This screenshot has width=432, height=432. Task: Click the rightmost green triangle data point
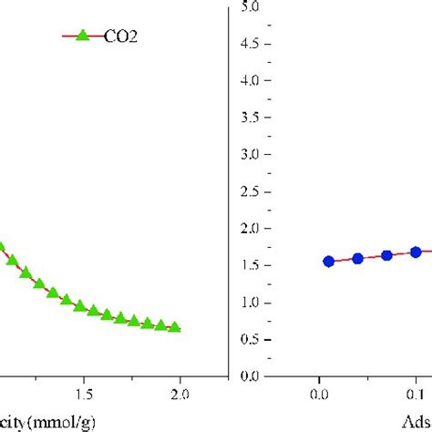click(174, 327)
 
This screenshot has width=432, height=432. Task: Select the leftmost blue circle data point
click(328, 262)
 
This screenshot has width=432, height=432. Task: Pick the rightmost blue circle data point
click(416, 252)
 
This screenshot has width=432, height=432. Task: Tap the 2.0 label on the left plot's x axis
click(180, 395)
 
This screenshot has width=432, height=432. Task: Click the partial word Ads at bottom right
click(415, 422)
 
